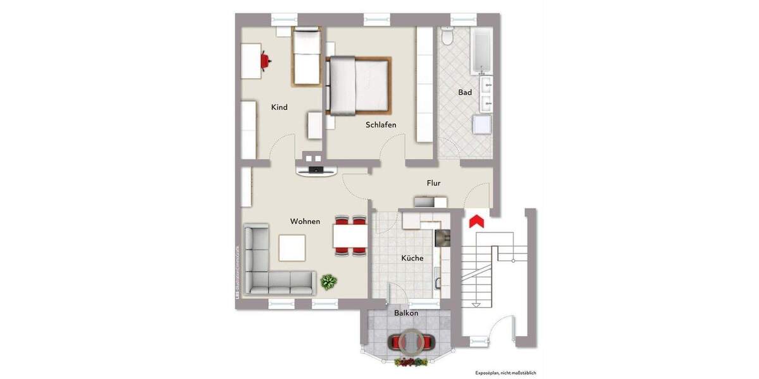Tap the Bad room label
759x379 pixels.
point(465,92)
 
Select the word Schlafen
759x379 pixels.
point(381,124)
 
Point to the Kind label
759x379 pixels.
point(279,107)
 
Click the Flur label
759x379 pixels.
point(433,183)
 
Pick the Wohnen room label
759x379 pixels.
point(305,221)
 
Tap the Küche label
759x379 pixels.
point(412,258)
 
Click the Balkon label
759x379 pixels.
point(406,313)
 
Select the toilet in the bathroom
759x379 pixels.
point(447,37)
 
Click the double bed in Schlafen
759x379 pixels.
point(357,85)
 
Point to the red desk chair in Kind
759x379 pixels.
point(266,61)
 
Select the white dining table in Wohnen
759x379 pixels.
point(350,236)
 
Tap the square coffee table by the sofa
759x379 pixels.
point(292,248)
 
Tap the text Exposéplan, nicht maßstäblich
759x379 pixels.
point(505,373)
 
